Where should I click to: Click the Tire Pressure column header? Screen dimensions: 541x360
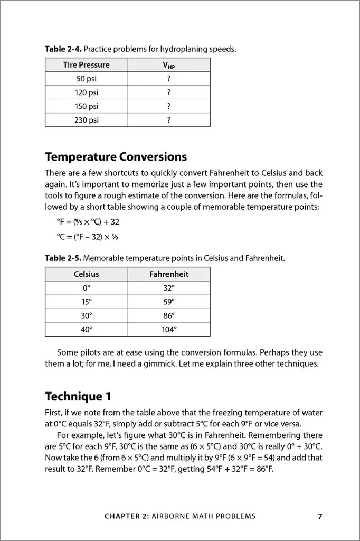click(86, 65)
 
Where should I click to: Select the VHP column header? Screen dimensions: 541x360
click(168, 65)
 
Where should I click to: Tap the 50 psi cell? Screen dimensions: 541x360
click(86, 79)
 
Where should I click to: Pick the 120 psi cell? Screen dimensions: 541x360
click(86, 92)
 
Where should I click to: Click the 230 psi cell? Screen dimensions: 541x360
click(86, 120)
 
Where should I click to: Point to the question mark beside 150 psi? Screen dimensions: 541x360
click(168, 106)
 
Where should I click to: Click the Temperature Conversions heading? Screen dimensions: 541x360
click(116, 157)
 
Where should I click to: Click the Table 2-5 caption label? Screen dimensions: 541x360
click(63, 258)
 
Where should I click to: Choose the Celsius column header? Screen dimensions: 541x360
click(86, 274)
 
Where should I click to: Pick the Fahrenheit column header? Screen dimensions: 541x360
click(168, 274)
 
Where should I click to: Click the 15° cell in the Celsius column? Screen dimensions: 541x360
click(86, 302)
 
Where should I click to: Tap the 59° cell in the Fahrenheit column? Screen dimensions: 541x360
click(168, 302)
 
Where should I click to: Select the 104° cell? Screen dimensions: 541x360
click(168, 329)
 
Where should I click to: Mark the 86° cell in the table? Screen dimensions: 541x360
click(168, 315)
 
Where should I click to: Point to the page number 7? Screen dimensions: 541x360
click(320, 516)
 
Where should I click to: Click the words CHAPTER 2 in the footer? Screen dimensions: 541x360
click(127, 516)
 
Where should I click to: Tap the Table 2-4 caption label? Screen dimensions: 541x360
click(63, 49)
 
